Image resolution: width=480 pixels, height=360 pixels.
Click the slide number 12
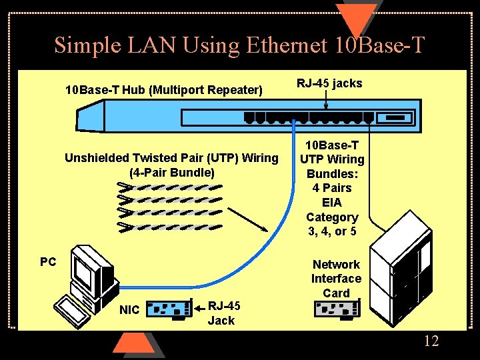tap(431, 341)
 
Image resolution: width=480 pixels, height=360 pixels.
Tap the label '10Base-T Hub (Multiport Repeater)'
tap(164, 89)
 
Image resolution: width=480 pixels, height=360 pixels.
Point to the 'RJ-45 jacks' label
tap(329, 83)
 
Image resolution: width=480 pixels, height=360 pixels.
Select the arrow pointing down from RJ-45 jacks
tap(326, 101)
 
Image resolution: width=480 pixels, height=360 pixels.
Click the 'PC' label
tap(48, 262)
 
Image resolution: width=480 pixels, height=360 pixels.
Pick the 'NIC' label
tap(129, 310)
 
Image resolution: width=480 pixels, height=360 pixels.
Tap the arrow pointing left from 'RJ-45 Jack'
tap(198, 309)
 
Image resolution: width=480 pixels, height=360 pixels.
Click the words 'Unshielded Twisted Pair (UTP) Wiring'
tap(171, 158)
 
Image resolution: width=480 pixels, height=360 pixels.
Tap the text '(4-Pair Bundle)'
tap(172, 173)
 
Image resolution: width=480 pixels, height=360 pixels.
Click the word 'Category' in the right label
tap(332, 217)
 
